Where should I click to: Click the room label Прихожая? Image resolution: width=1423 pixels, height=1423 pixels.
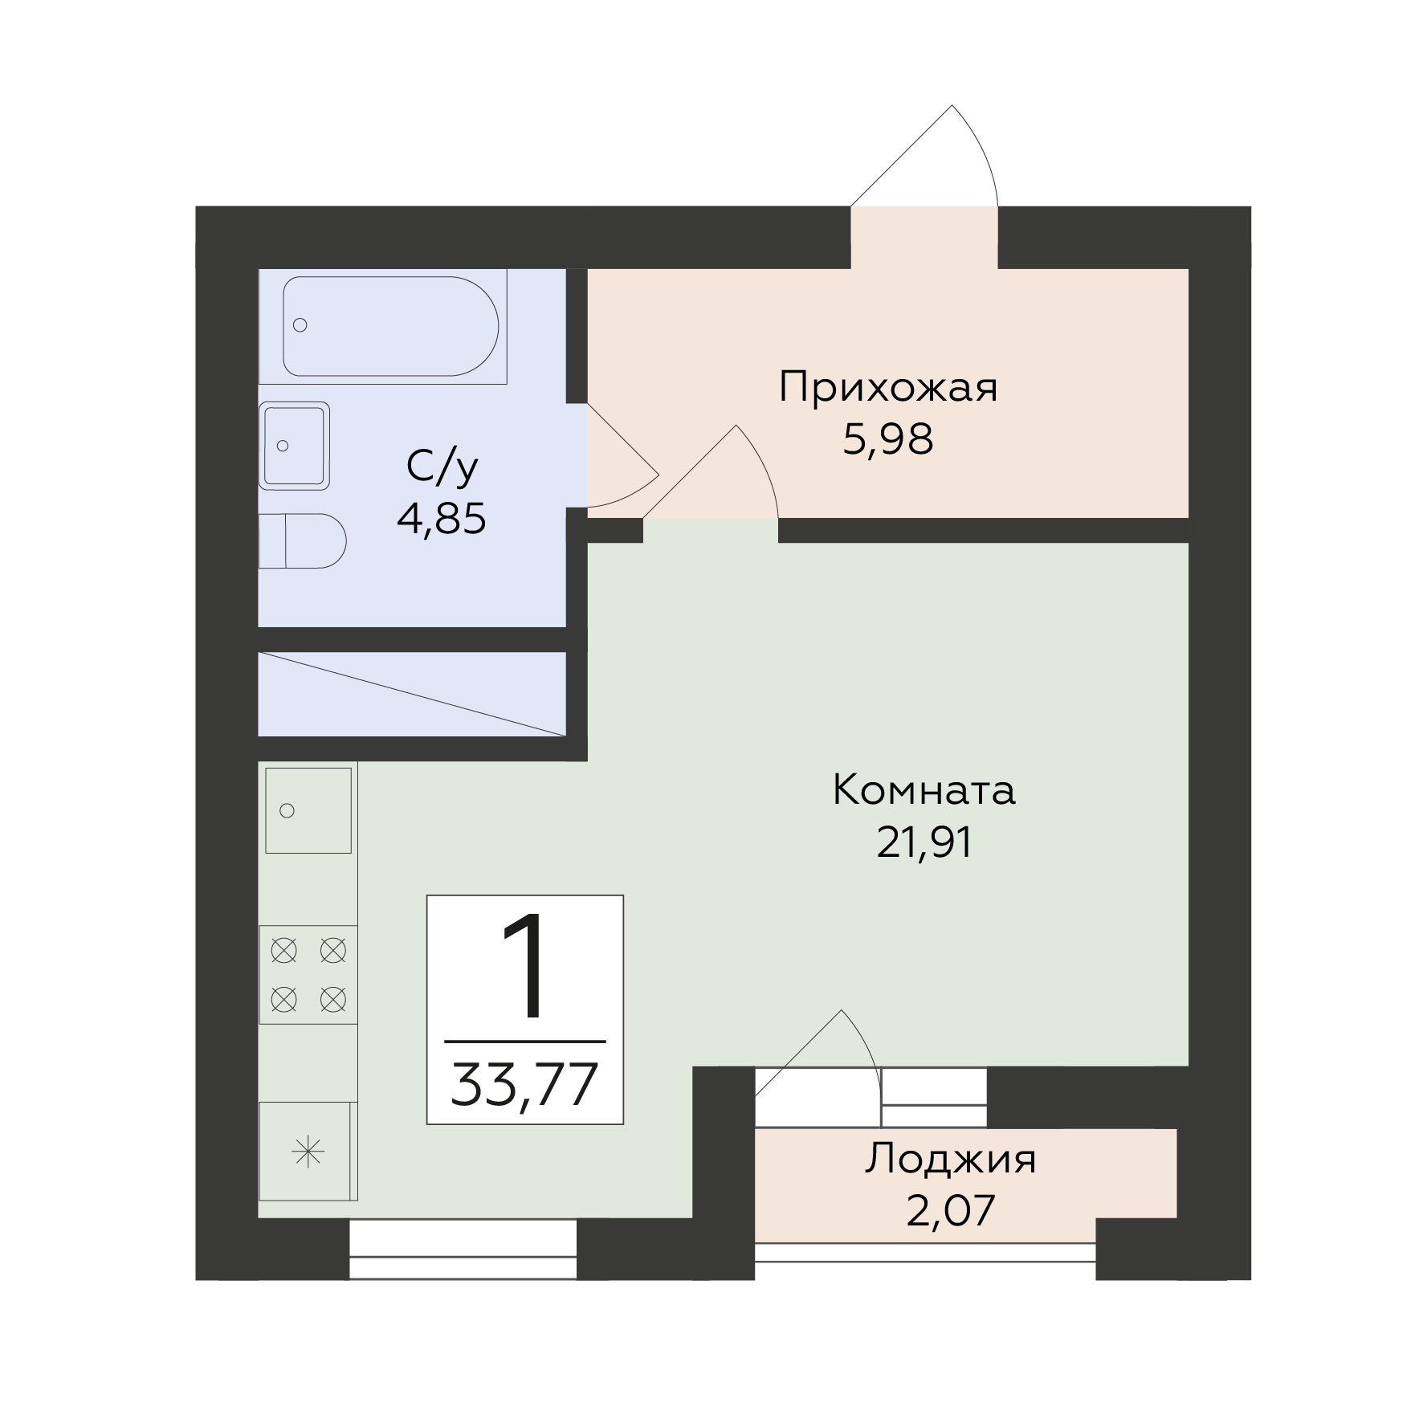(x=888, y=389)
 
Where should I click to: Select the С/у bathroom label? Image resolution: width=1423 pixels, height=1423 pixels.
(x=442, y=467)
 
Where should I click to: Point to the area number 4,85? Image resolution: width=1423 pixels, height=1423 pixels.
(x=442, y=519)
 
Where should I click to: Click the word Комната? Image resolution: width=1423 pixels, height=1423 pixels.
(x=924, y=790)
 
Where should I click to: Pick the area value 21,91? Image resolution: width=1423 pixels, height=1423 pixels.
(x=924, y=842)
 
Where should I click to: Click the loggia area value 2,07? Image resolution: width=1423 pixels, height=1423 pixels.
(x=951, y=1210)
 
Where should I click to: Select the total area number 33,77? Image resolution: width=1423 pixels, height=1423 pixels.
(x=525, y=1084)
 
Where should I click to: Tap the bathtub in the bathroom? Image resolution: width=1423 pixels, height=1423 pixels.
(x=391, y=326)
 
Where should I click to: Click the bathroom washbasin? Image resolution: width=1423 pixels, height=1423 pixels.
(x=294, y=446)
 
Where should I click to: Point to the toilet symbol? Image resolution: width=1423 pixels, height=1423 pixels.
(x=302, y=540)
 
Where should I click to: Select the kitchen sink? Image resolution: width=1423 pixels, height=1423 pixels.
(x=308, y=809)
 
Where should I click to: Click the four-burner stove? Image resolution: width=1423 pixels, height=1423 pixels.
(x=308, y=975)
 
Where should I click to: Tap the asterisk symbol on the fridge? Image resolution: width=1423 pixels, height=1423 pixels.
(x=308, y=1155)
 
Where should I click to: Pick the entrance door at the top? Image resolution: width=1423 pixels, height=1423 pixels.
(x=924, y=157)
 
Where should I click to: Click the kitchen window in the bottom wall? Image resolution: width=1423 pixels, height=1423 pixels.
(x=463, y=1249)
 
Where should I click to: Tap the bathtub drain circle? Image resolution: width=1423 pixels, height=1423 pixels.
(x=300, y=325)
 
